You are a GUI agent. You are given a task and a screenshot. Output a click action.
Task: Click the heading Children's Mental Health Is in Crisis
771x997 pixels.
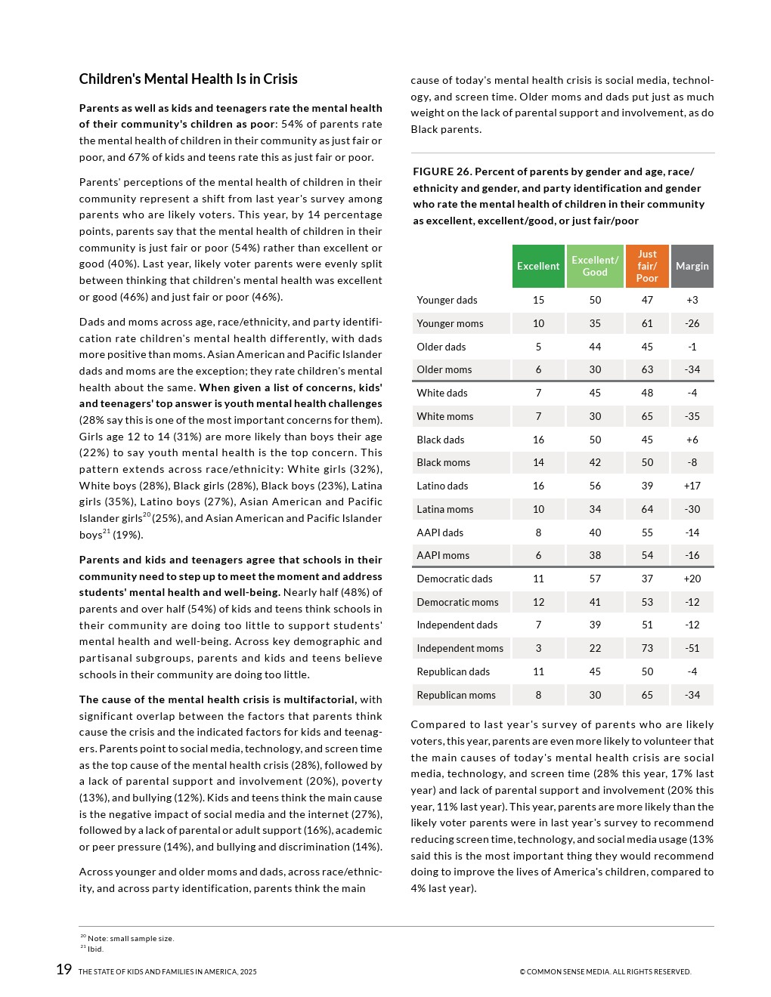[x=188, y=79]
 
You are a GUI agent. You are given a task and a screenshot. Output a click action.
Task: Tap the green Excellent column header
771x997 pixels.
[x=538, y=266]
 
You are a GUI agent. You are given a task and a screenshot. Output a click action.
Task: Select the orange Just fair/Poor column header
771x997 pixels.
[x=647, y=266]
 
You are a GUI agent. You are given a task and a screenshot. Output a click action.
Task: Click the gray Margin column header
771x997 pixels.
[x=692, y=266]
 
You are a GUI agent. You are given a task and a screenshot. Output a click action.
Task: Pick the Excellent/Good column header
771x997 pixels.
[x=595, y=266]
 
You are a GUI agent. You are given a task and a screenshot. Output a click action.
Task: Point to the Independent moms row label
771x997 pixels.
[x=460, y=648]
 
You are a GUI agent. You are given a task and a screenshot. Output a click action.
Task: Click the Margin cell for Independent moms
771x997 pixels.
[x=692, y=648]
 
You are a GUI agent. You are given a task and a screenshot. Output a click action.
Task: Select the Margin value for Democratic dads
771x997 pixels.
[x=692, y=579]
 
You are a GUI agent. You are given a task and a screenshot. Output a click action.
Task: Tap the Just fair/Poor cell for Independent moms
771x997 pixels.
[x=647, y=648]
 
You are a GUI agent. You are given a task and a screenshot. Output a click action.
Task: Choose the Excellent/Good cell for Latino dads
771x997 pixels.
[x=595, y=486]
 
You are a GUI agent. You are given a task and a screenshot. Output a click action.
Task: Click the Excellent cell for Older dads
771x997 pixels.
[x=538, y=347]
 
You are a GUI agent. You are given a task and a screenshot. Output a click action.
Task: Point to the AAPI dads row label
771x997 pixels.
[x=440, y=532]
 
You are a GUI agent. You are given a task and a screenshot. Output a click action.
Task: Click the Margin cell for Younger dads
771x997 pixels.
[x=692, y=300]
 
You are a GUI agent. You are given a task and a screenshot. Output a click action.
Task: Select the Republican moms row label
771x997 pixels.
[x=456, y=695]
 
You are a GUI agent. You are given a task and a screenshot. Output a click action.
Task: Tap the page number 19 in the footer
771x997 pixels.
[x=63, y=970]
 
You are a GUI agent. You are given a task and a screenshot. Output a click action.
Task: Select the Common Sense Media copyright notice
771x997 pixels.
[x=605, y=972]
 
